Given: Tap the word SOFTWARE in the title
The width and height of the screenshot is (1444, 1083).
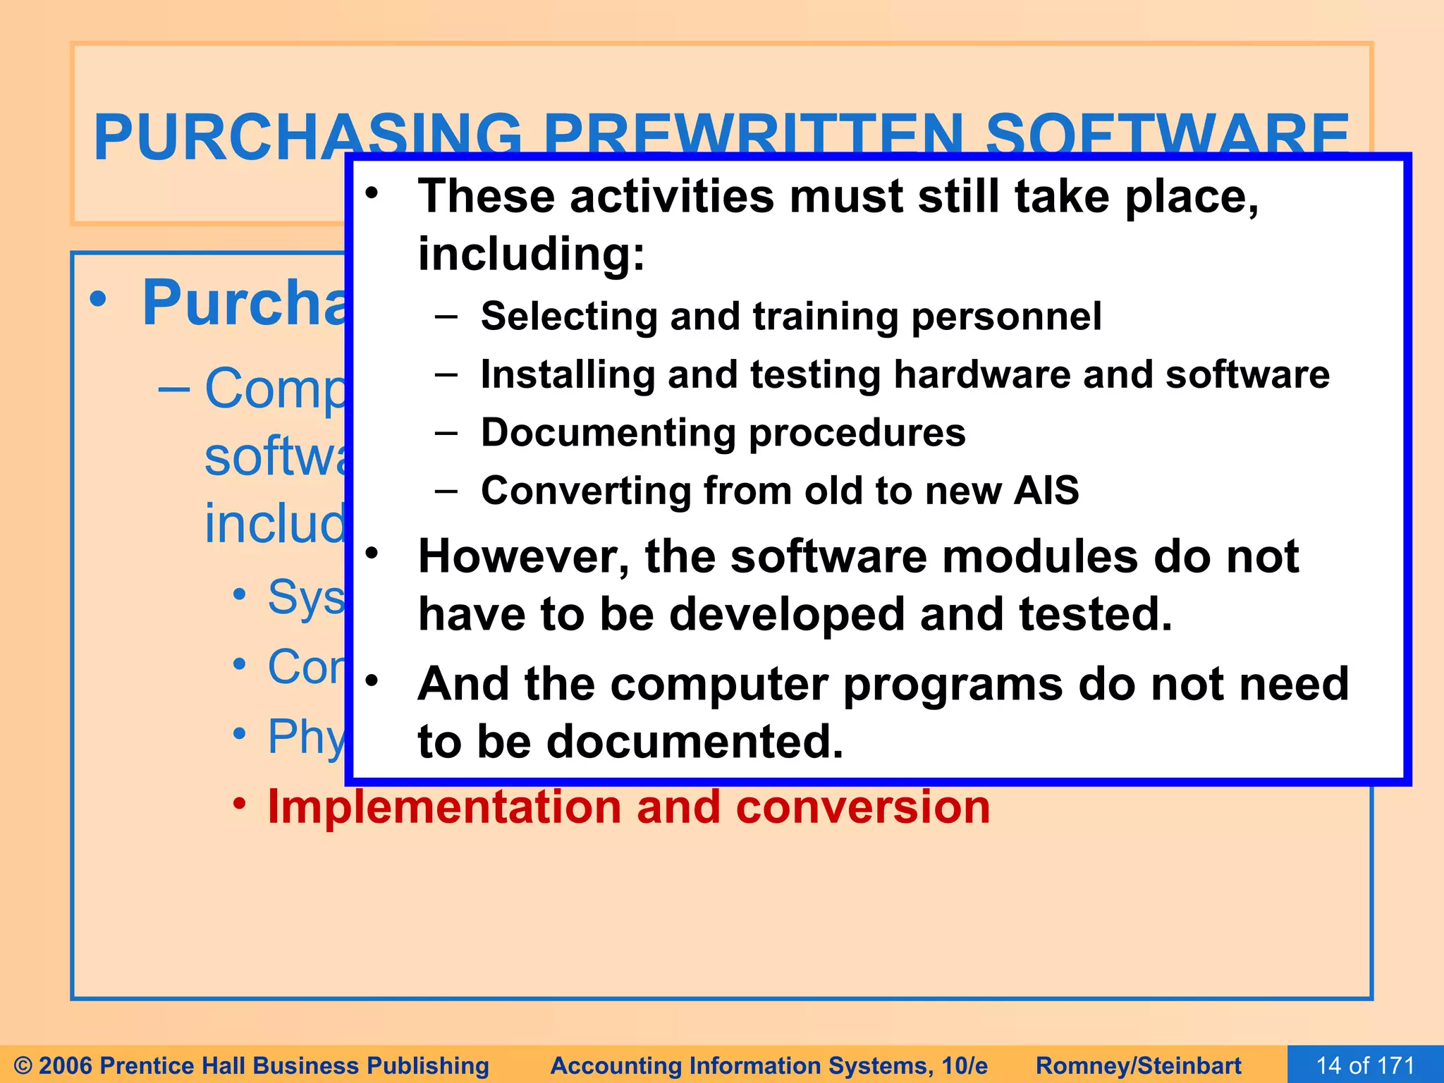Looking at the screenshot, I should coord(1166,134).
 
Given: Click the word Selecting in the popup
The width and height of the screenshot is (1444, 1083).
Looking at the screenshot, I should coord(569,317).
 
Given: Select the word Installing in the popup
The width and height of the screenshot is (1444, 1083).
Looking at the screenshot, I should coord(568,375).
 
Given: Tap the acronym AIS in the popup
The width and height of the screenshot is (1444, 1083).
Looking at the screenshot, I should coord(1046,490).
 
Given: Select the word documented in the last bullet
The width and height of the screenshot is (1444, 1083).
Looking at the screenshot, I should coord(695,742).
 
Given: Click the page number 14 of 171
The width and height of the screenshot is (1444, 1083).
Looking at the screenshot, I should coord(1365,1065).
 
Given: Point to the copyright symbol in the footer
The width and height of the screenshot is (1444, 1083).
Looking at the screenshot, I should coord(23,1065).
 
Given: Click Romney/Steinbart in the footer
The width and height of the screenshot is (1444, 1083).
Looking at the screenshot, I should coord(1138,1065).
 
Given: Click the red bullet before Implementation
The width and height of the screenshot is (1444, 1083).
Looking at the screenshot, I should coord(240,803).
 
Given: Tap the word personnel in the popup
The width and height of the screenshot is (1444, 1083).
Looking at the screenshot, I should coord(1006,317).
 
